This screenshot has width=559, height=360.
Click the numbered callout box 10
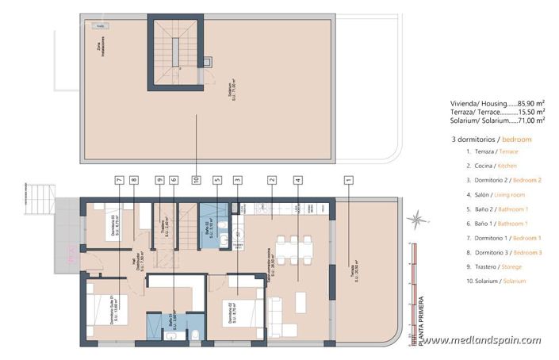[x=195, y=180]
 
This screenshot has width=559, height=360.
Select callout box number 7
[x=118, y=180]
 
